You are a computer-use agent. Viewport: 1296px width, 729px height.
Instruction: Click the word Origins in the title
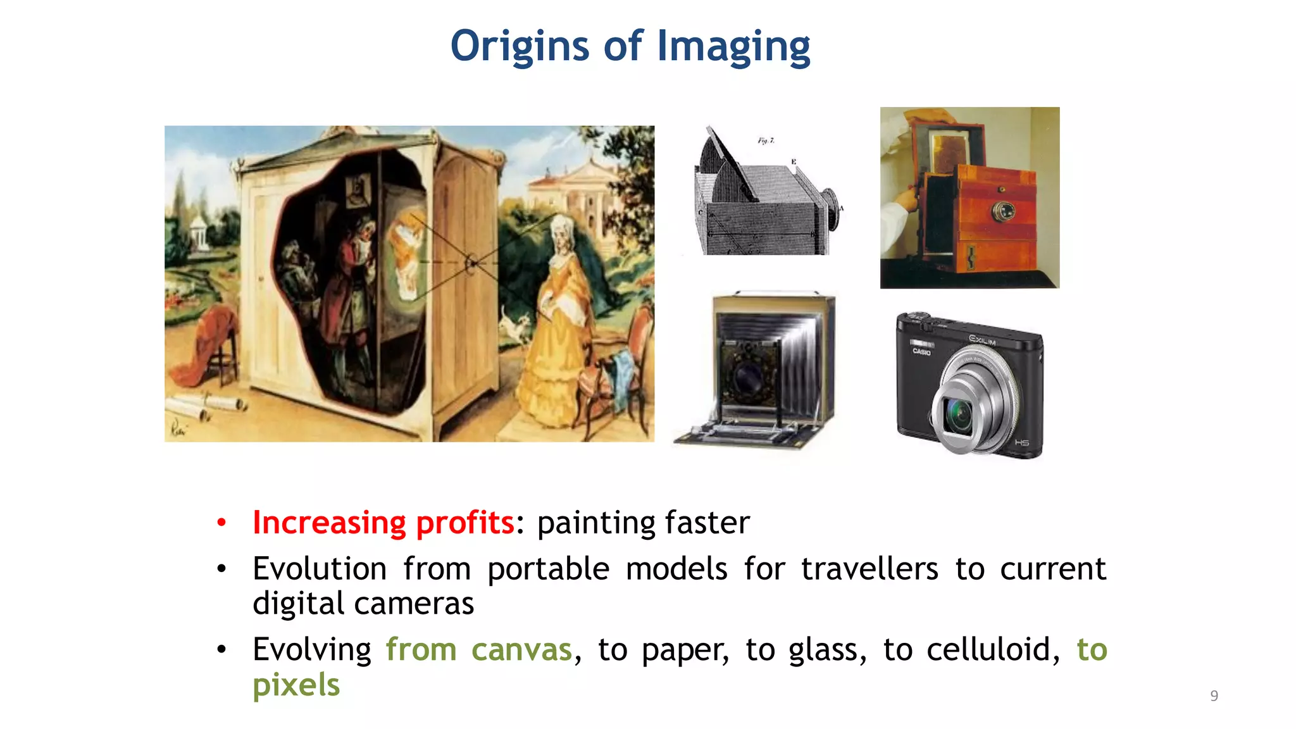coord(520,47)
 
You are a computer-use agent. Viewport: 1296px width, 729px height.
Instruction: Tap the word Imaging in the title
coord(733,47)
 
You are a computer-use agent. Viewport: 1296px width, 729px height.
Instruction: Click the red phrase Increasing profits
coord(383,523)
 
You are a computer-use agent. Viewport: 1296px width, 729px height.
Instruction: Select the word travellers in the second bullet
coord(869,568)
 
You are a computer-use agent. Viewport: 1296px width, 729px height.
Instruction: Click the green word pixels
coord(296,685)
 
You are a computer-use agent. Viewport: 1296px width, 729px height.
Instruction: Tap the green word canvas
coord(521,650)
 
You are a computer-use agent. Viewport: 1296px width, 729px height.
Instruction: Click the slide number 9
coord(1214,695)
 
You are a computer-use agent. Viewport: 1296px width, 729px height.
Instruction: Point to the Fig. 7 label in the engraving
coord(766,140)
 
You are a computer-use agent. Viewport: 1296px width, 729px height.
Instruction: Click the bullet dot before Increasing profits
coord(221,523)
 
